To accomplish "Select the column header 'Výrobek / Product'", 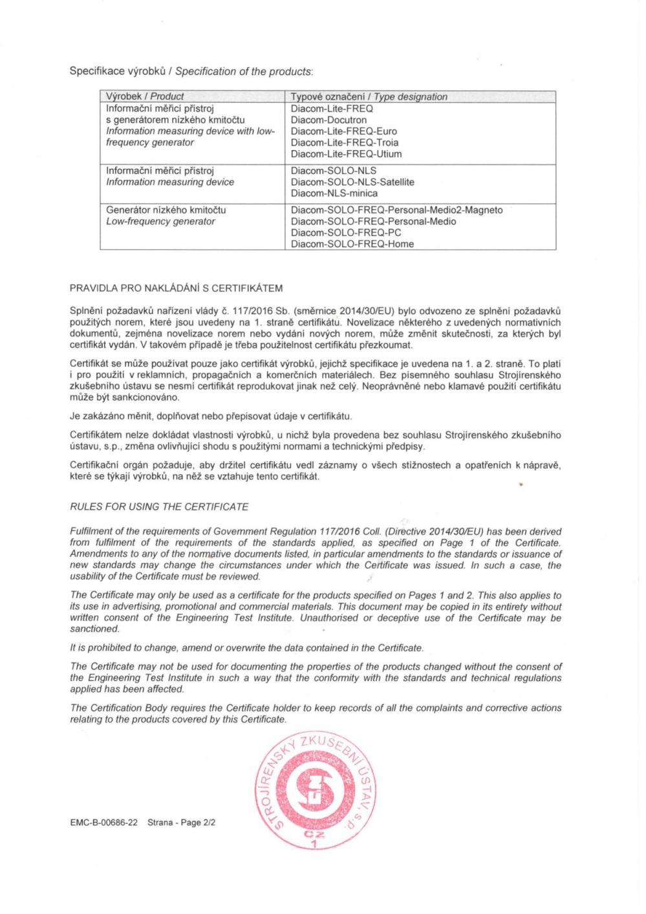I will tap(145, 96).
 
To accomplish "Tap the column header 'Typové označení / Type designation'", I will tap(369, 96).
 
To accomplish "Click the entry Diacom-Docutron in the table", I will tap(328, 120).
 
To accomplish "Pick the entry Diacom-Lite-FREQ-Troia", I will tap(344, 142).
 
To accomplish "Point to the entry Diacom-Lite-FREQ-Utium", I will tap(346, 154).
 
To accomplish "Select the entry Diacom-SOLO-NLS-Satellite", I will tap(352, 182).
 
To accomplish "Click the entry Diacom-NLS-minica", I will tap(334, 193).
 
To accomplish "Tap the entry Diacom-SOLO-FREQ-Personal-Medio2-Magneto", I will tap(396, 210).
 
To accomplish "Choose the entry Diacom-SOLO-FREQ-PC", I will tap(346, 233).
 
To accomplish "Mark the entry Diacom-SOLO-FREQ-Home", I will tap(352, 244).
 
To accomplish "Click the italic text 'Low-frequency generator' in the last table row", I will tap(160, 221).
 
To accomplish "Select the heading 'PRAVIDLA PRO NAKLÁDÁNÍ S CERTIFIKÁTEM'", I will tap(176, 288).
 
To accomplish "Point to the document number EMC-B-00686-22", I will tap(103, 823).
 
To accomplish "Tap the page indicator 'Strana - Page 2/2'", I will tap(181, 823).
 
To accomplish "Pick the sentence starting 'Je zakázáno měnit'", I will tap(211, 415).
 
